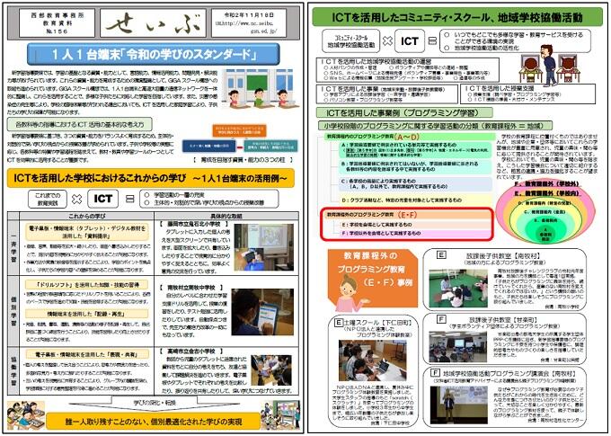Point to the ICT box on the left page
click(x=104, y=200)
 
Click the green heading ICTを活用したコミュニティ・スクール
click(x=458, y=14)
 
